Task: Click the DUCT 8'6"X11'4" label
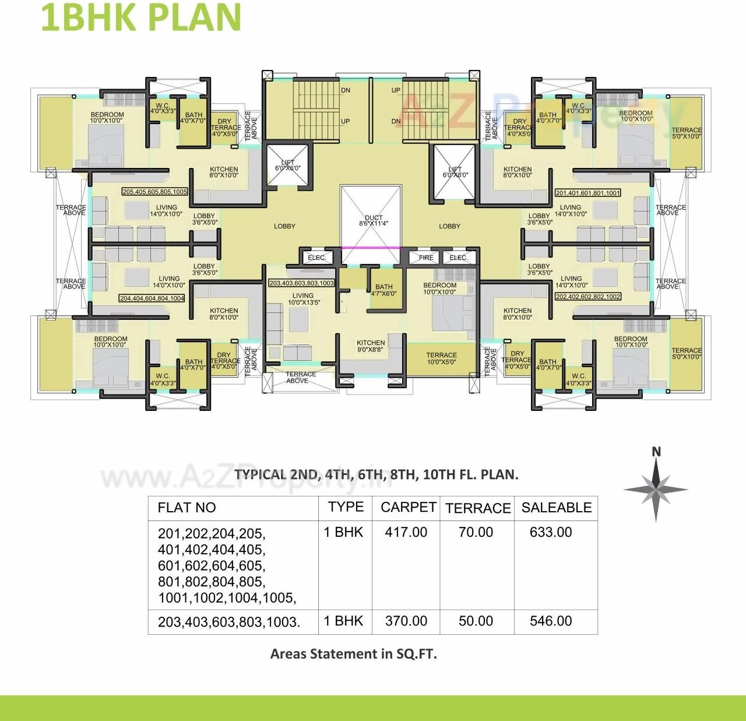click(x=373, y=220)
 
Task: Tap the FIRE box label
click(x=426, y=257)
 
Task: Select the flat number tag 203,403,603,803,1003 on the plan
click(x=301, y=283)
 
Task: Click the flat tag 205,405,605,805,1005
click(x=154, y=192)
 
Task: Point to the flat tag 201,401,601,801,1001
click(x=587, y=193)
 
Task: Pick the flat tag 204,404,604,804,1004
click(x=152, y=298)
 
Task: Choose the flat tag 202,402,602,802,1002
click(x=587, y=297)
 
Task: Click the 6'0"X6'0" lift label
click(x=288, y=166)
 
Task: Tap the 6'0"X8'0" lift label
click(x=455, y=172)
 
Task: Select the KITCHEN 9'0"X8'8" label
click(x=371, y=346)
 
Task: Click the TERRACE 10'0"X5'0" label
click(x=441, y=358)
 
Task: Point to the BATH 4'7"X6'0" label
click(x=383, y=290)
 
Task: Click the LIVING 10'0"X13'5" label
click(x=303, y=299)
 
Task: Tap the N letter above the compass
click(x=656, y=452)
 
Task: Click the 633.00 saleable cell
click(x=550, y=532)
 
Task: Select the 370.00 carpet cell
click(x=406, y=621)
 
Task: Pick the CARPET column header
click(x=408, y=507)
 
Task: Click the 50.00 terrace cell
click(x=476, y=621)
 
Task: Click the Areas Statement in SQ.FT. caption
click(x=353, y=654)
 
